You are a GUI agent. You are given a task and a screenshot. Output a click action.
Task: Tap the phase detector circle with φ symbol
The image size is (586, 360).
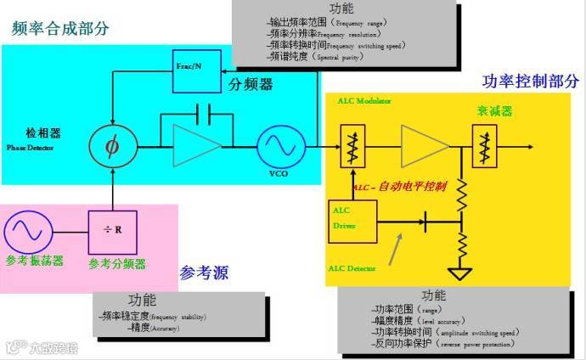[110, 145]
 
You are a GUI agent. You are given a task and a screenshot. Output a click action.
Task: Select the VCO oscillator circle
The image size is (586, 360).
[278, 146]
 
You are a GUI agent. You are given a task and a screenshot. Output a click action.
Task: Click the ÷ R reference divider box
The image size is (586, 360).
[111, 228]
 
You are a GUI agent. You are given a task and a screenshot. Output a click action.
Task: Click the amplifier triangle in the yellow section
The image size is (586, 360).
[423, 146]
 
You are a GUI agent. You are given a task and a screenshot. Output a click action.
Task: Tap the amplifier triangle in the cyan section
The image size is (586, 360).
[194, 146]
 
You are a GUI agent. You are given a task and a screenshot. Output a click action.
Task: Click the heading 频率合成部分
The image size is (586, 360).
[60, 28]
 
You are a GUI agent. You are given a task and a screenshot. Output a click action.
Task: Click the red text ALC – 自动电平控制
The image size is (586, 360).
[399, 186]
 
